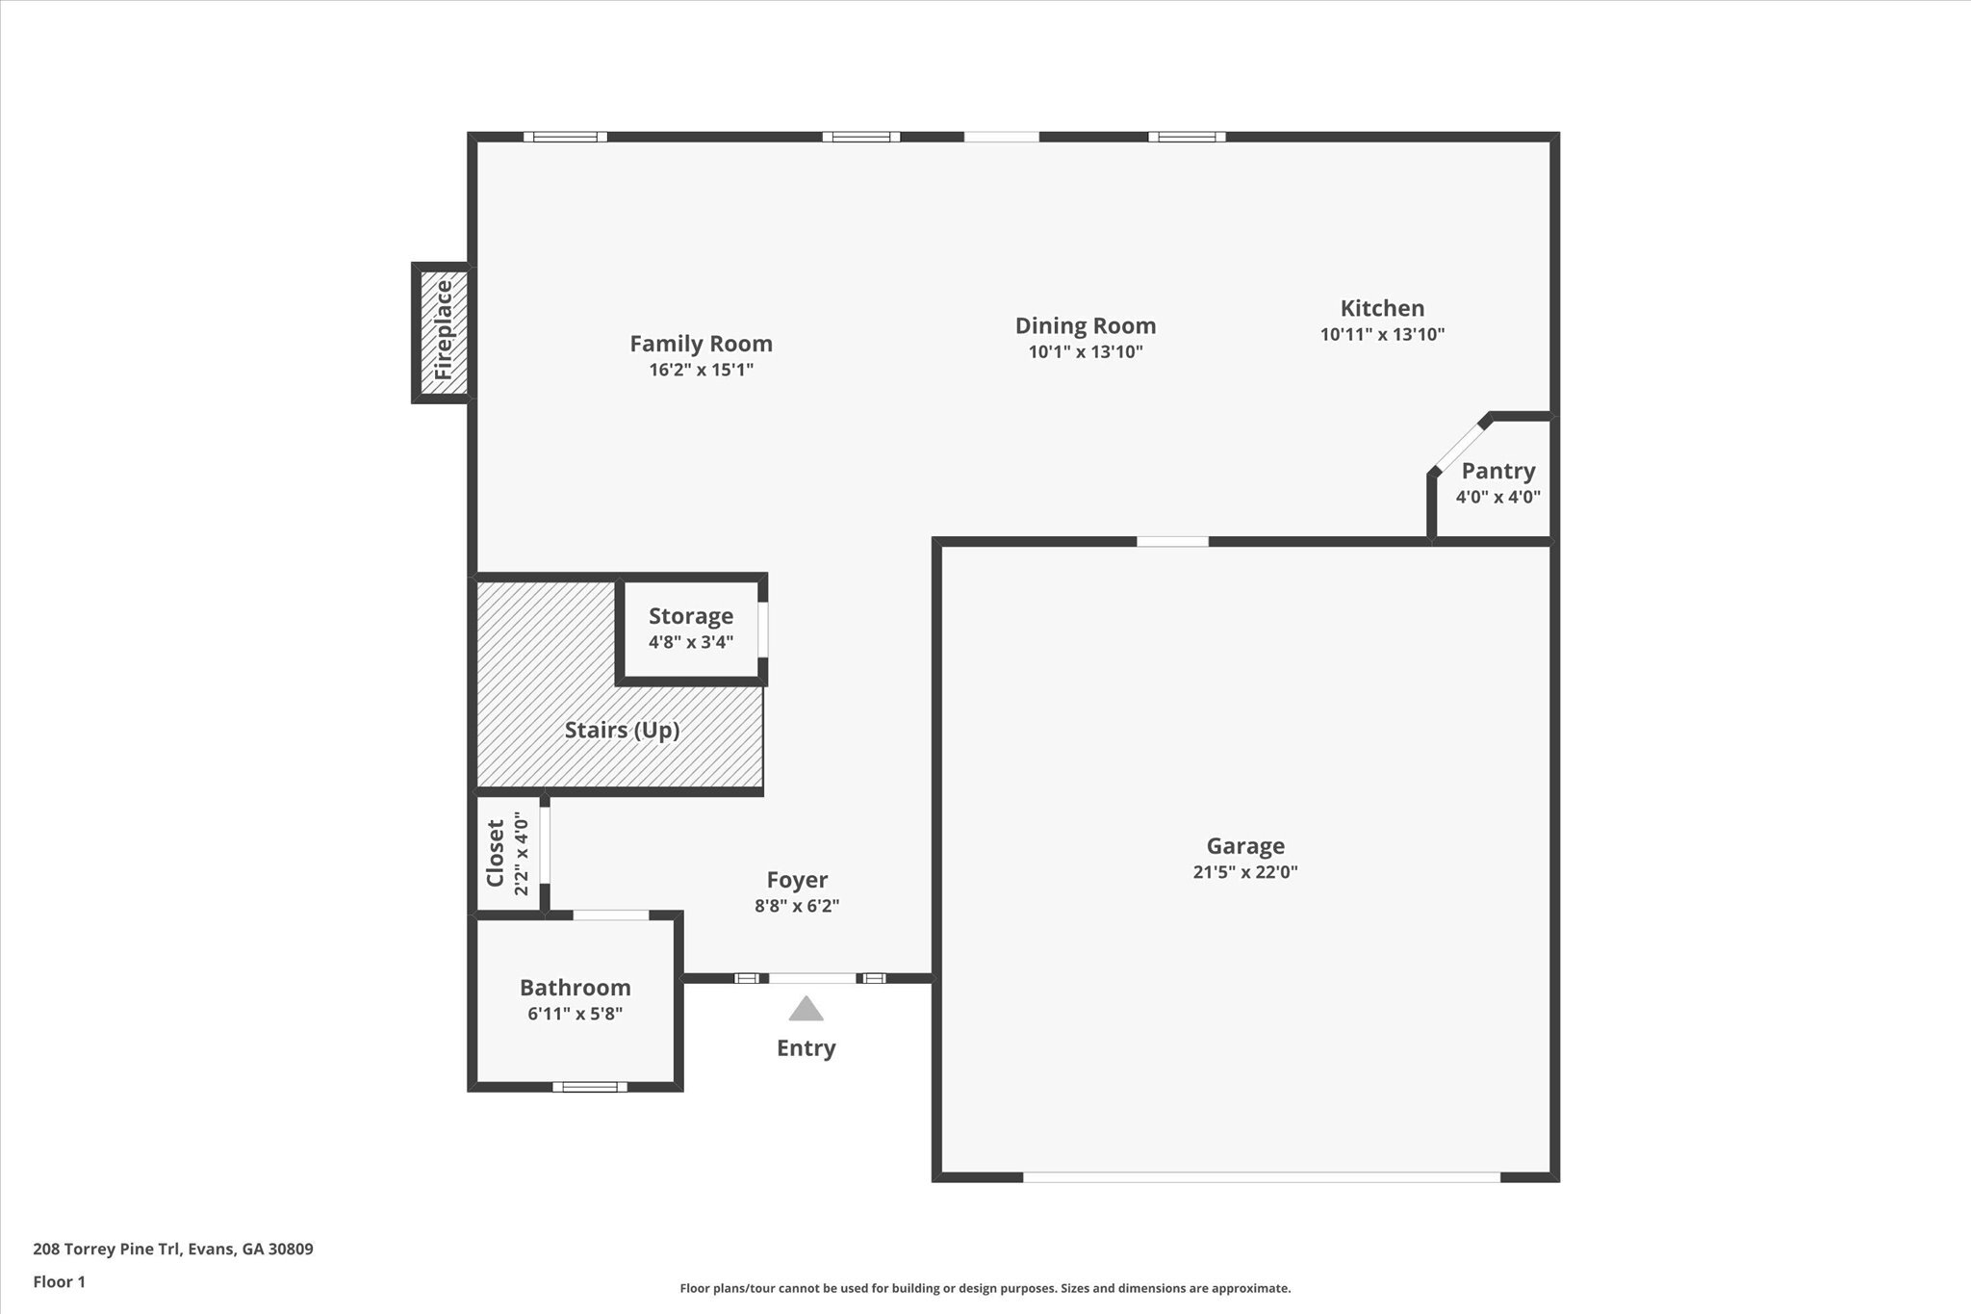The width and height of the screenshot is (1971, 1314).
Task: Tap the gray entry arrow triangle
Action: coord(806,1010)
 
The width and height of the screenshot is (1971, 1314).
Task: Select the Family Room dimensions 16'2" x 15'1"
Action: coord(701,370)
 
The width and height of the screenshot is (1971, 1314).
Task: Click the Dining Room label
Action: coord(1085,326)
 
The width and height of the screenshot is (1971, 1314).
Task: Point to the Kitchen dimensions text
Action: coord(1382,335)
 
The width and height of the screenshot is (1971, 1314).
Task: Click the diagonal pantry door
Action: coord(1459,444)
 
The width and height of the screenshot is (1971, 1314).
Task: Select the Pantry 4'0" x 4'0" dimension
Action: coord(1497,498)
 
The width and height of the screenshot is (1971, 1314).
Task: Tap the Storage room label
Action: coord(690,616)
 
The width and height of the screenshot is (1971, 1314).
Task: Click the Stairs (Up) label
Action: coord(622,730)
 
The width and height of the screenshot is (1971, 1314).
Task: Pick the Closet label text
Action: coord(496,853)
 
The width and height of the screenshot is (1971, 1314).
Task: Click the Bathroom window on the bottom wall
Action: coord(590,1087)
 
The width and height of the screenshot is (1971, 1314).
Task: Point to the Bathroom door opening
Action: coord(611,915)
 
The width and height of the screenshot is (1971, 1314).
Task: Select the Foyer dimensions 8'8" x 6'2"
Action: coord(797,906)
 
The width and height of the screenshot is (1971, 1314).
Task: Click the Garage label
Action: coord(1245,846)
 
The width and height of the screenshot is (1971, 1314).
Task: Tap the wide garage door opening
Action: coord(1261,1176)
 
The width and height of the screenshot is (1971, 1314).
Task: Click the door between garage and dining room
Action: coord(1172,542)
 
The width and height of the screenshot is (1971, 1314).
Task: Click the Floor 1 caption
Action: coord(60,1281)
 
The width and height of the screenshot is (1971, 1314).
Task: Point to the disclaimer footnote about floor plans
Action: coord(985,1288)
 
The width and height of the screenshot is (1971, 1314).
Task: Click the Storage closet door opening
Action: coord(763,630)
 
